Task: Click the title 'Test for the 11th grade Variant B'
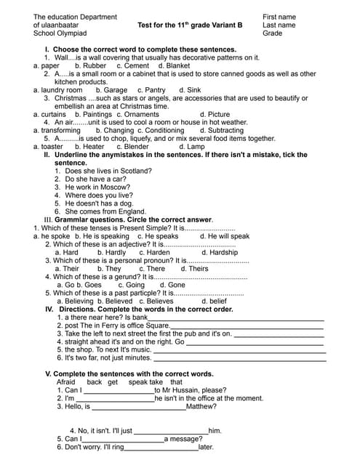click(x=190, y=25)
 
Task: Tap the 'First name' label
click(x=279, y=17)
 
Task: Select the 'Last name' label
click(x=279, y=25)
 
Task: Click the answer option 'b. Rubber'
click(x=89, y=65)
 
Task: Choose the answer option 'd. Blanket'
click(x=174, y=65)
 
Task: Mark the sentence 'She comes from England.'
click(x=105, y=211)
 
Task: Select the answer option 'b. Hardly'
click(x=111, y=252)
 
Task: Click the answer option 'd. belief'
click(x=214, y=301)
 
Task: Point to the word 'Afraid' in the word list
click(x=65, y=382)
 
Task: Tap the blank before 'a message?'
click(x=123, y=439)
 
